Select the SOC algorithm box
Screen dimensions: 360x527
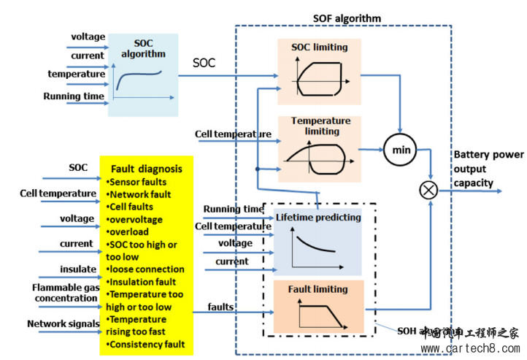coord(143,75)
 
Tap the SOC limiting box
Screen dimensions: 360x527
coord(319,71)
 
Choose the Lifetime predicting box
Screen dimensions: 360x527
coord(318,240)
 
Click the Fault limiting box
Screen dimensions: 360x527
coord(318,306)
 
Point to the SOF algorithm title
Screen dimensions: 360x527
coord(347,18)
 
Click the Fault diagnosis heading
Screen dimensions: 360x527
coord(147,169)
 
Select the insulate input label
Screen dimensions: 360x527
coord(77,269)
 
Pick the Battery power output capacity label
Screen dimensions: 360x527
coord(488,169)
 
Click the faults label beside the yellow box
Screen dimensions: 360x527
coord(220,307)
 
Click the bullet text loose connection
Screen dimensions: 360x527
coord(145,269)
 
